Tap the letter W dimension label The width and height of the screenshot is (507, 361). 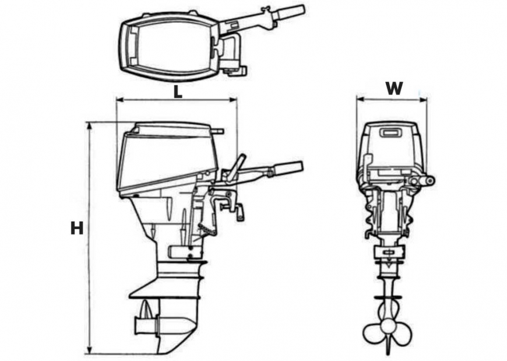tap(395, 88)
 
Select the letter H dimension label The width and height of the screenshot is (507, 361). tap(77, 228)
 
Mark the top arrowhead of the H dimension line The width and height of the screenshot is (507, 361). tap(89, 125)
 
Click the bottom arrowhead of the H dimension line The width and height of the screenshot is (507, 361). tap(89, 351)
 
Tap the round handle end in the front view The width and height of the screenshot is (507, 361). tap(430, 181)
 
